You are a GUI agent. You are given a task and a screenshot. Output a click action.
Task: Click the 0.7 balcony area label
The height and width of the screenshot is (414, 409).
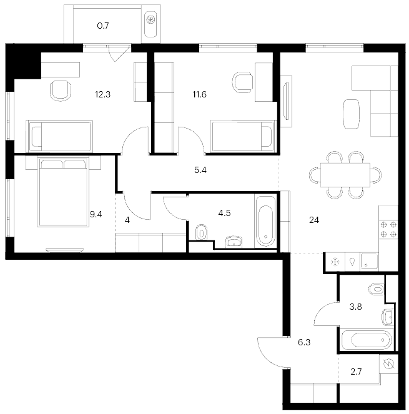pyautogui.click(x=103, y=26)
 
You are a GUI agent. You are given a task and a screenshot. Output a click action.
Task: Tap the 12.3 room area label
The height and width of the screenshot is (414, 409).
pyautogui.click(x=102, y=94)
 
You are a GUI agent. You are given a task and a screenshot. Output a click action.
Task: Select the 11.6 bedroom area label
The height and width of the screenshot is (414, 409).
pyautogui.click(x=200, y=94)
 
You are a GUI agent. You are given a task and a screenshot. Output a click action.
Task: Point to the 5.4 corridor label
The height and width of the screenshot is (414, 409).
pyautogui.click(x=200, y=170)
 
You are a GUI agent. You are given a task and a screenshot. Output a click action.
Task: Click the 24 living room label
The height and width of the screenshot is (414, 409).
pyautogui.click(x=314, y=220)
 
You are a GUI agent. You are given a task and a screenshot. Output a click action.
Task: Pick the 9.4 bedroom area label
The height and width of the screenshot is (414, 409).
pyautogui.click(x=96, y=214)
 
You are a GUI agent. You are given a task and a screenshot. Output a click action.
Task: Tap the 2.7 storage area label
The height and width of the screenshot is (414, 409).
pyautogui.click(x=356, y=372)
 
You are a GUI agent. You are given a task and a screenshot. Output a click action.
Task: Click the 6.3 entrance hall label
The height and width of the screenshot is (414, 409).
pyautogui.click(x=304, y=342)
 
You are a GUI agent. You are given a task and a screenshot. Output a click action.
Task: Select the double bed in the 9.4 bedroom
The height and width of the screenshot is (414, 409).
pyautogui.click(x=63, y=192)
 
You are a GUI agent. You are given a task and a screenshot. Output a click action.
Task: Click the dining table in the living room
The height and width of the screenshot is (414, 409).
pyautogui.click(x=345, y=175)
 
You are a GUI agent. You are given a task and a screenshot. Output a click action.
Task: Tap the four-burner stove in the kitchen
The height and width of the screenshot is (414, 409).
pyautogui.click(x=388, y=229)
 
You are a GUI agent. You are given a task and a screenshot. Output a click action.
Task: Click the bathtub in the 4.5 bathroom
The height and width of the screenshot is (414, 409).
pyautogui.click(x=265, y=221)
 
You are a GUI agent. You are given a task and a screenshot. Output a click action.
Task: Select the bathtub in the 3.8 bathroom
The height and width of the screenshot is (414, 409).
pyautogui.click(x=367, y=340)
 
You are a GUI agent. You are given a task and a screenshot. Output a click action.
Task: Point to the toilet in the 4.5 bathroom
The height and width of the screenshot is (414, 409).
pyautogui.click(x=202, y=232)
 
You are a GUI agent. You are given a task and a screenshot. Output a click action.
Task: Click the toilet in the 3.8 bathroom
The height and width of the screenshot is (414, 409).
pyautogui.click(x=377, y=289)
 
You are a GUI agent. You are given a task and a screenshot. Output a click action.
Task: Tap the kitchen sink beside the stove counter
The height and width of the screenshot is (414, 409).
pyautogui.click(x=369, y=261)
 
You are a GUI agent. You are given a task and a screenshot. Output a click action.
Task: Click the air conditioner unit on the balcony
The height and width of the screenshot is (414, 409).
pyautogui.click(x=150, y=24)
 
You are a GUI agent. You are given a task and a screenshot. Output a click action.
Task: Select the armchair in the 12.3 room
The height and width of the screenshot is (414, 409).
pyautogui.click(x=61, y=91)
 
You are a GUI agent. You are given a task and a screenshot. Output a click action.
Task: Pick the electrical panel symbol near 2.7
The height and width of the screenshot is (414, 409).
pyautogui.click(x=388, y=364)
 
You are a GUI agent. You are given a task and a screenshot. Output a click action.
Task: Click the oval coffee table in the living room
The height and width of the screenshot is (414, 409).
pyautogui.click(x=352, y=114)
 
